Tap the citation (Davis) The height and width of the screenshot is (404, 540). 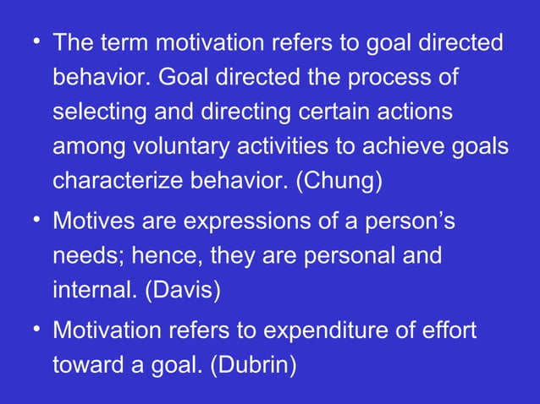pos(182,291)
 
